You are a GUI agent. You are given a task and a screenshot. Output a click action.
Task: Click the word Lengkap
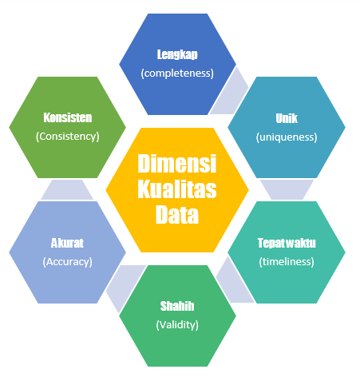[x=177, y=54]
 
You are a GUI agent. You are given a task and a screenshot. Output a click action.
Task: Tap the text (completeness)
[x=177, y=73]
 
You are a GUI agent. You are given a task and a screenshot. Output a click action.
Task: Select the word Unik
[x=287, y=118]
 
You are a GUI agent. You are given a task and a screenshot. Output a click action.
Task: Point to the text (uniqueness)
[x=287, y=137]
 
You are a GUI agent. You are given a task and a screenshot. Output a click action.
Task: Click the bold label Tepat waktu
[x=287, y=243]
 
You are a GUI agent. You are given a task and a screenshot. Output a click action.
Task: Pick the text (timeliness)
[x=287, y=262]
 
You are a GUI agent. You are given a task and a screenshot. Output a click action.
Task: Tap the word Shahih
[x=177, y=306]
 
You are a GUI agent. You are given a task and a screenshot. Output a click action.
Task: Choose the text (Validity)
[x=177, y=325]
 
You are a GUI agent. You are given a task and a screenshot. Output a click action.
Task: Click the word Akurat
[x=67, y=243]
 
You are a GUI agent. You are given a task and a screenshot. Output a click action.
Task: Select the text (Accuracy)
[x=67, y=262]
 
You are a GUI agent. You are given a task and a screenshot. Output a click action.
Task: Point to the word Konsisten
[x=68, y=117]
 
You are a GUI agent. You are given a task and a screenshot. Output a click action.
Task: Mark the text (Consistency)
[x=68, y=137]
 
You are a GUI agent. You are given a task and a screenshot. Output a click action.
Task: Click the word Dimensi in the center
[x=177, y=164]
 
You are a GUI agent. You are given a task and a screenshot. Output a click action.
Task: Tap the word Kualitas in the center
[x=177, y=189]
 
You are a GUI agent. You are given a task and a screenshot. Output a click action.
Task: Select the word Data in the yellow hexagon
[x=177, y=215]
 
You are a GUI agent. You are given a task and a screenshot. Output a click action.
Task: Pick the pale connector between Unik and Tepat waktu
[x=287, y=189]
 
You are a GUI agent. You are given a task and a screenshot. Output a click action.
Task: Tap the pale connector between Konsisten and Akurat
[x=67, y=189]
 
